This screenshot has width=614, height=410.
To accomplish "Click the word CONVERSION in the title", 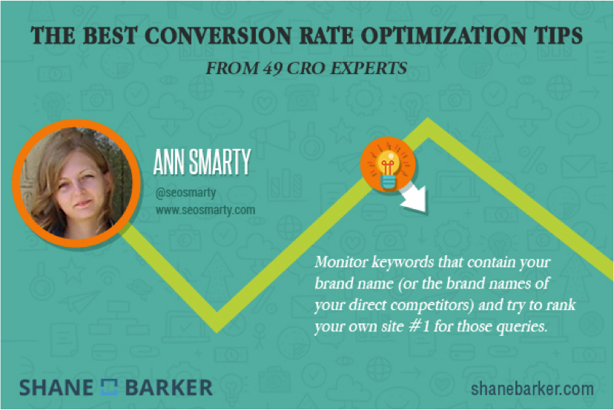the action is coord(218,36).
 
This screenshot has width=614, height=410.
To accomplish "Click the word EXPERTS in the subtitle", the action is coord(369,68).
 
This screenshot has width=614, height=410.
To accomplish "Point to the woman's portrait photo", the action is coord(76,183).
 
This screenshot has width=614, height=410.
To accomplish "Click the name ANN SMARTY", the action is coord(202,162).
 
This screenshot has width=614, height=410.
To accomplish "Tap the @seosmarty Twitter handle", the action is coord(185,193).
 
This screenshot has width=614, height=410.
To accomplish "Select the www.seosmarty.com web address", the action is coord(205,211).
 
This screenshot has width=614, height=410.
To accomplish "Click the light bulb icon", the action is coord(387,165).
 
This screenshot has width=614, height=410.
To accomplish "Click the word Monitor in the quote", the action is coord(341,262).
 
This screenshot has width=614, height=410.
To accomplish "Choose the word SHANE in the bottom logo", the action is coord(56,388).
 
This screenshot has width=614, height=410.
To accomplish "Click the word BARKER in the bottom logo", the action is coord(169,388).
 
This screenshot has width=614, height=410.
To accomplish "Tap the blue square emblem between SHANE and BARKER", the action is coord(109,387).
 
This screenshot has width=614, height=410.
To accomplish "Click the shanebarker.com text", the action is coord(532,389).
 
